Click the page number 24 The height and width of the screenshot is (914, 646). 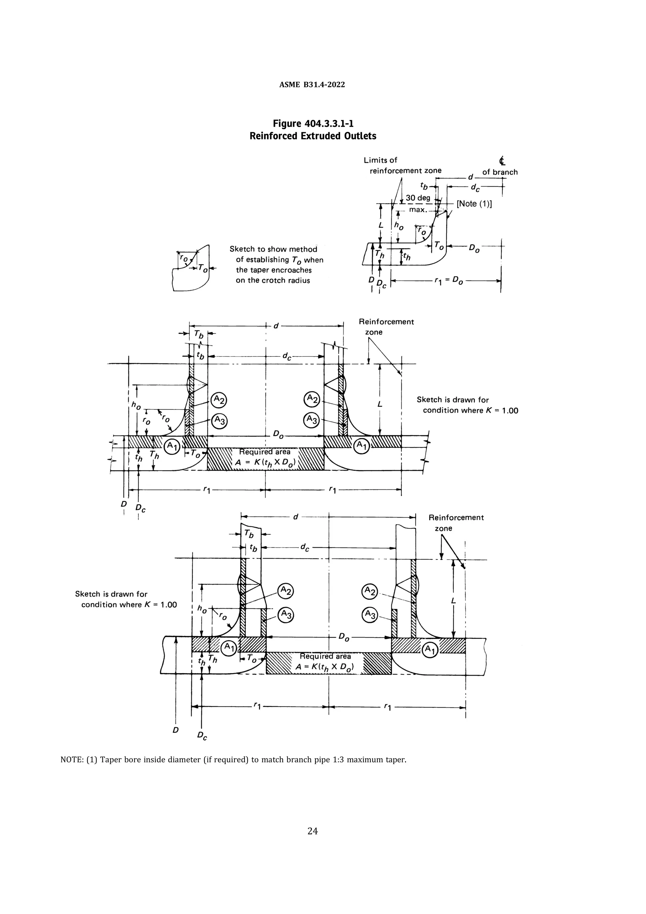(x=313, y=831)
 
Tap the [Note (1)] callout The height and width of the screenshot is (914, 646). (x=474, y=204)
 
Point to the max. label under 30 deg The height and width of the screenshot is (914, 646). (x=418, y=209)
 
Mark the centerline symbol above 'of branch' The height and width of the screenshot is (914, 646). (x=502, y=161)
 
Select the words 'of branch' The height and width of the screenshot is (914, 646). (x=500, y=173)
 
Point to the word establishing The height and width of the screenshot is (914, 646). (x=269, y=260)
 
